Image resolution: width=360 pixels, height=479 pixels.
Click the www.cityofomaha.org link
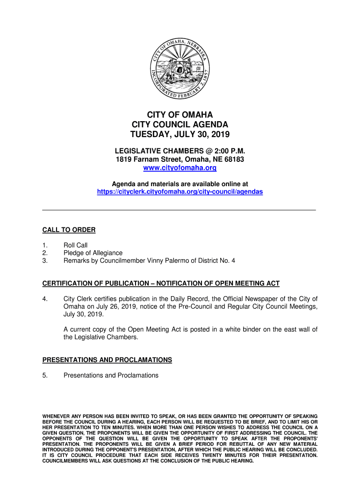click(x=180, y=168)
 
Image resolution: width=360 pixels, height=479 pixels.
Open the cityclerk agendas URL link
click(x=180, y=192)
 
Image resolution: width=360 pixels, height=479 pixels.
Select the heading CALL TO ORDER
click(x=69, y=230)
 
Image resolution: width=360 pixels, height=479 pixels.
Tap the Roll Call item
click(x=75, y=245)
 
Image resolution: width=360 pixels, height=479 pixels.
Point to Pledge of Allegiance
click(x=93, y=253)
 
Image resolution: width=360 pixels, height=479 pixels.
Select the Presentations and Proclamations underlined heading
click(x=107, y=360)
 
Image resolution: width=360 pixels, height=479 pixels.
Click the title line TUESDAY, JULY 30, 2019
click(x=180, y=135)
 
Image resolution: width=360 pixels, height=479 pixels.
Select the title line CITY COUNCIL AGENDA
click(x=180, y=125)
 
